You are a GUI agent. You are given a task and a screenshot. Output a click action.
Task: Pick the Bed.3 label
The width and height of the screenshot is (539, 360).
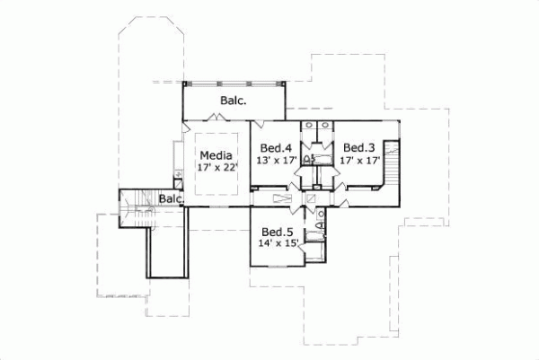coord(358,148)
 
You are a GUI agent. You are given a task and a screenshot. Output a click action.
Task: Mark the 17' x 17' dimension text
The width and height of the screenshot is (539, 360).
coord(359,162)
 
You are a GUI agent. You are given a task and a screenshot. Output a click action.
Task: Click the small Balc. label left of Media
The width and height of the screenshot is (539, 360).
coord(171,198)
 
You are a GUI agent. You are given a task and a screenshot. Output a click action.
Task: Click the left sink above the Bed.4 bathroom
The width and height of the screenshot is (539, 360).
coord(308,127)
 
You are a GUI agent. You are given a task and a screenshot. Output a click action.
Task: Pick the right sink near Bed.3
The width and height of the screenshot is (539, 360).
coord(325,127)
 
